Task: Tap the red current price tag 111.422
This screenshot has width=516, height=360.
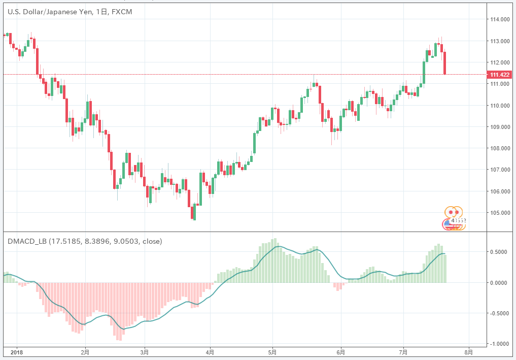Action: (x=500, y=75)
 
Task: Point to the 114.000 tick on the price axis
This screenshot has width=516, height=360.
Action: (x=500, y=19)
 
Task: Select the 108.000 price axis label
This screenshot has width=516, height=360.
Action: (x=500, y=148)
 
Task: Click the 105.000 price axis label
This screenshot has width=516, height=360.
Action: (x=500, y=213)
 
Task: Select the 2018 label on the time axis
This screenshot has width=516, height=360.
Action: (x=17, y=351)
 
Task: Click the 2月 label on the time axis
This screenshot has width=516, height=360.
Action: (x=85, y=351)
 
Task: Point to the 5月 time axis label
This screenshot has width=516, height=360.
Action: (x=272, y=351)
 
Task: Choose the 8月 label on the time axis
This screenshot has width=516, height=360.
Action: (x=469, y=351)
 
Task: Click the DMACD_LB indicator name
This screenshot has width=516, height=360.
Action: (x=27, y=241)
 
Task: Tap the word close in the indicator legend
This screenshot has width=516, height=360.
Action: (x=152, y=241)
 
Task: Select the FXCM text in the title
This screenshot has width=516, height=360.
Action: (x=121, y=12)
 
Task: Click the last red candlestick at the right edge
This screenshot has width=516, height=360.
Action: (x=445, y=63)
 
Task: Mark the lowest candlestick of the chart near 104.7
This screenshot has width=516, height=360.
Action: (x=193, y=213)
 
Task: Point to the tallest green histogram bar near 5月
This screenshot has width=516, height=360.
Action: (x=275, y=260)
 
